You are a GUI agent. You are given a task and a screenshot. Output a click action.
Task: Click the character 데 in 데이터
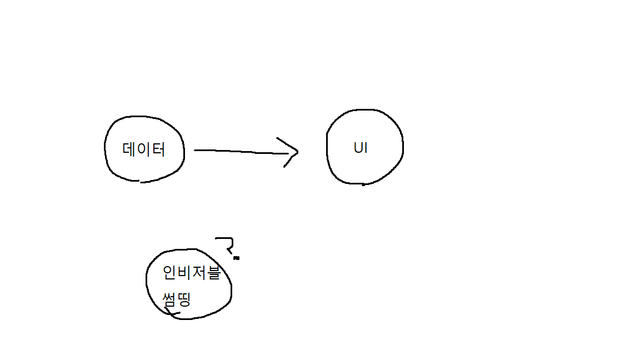click(129, 149)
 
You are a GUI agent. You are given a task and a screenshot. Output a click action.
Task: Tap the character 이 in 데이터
click(144, 149)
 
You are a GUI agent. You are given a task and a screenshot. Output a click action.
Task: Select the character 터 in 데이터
click(158, 149)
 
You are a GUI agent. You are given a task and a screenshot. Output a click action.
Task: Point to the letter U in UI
click(358, 148)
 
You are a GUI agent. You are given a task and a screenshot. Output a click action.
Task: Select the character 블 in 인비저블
click(213, 273)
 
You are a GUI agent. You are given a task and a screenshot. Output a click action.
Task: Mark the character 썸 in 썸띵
click(169, 300)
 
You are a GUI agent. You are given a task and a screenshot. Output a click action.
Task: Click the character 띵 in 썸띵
click(184, 300)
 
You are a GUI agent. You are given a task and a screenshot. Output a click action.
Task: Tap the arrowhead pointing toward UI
click(292, 151)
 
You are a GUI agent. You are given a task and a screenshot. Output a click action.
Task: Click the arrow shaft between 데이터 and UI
click(239, 151)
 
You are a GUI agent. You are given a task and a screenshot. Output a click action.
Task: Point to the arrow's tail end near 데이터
click(196, 150)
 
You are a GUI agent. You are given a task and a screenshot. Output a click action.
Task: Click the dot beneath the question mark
click(236, 258)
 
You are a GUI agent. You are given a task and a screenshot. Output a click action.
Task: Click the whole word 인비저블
click(192, 273)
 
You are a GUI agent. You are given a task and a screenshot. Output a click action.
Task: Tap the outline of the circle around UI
click(402, 147)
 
